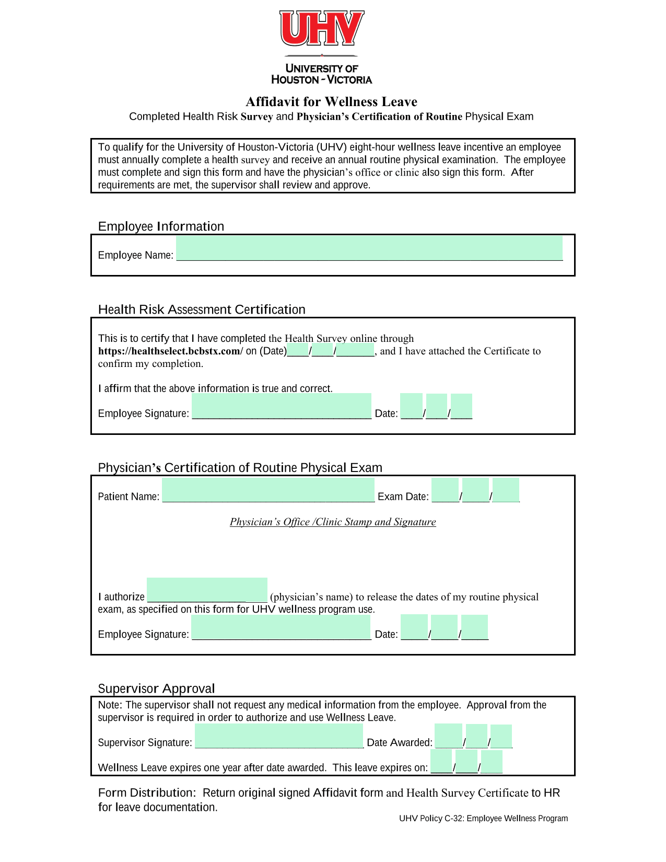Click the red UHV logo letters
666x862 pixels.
click(322, 29)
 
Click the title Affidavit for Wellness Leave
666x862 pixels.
click(332, 101)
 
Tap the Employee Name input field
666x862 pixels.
click(369, 248)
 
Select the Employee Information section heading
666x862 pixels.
click(161, 226)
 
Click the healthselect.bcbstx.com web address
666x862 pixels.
click(170, 351)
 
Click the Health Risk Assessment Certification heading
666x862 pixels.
click(202, 309)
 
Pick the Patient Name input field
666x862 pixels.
click(268, 490)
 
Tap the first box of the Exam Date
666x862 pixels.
click(445, 490)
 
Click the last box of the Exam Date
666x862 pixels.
click(506, 490)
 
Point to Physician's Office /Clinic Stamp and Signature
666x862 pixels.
click(333, 522)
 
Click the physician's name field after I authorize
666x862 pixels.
click(207, 590)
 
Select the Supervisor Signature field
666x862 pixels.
click(279, 736)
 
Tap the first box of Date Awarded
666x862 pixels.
click(448, 736)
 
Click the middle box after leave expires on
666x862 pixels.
click(466, 762)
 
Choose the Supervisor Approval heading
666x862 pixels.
click(156, 688)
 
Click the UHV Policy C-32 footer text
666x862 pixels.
click(483, 819)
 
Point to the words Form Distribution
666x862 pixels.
click(146, 793)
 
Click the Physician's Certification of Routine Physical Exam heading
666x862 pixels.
click(240, 468)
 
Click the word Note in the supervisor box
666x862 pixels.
click(109, 705)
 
